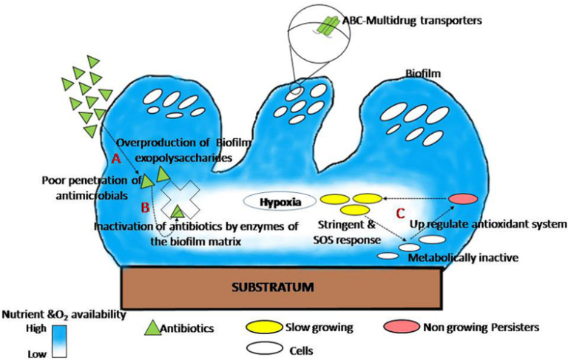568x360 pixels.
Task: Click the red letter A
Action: click(115, 157)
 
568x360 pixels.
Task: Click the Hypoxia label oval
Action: click(274, 200)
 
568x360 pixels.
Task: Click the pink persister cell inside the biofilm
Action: click(463, 199)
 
